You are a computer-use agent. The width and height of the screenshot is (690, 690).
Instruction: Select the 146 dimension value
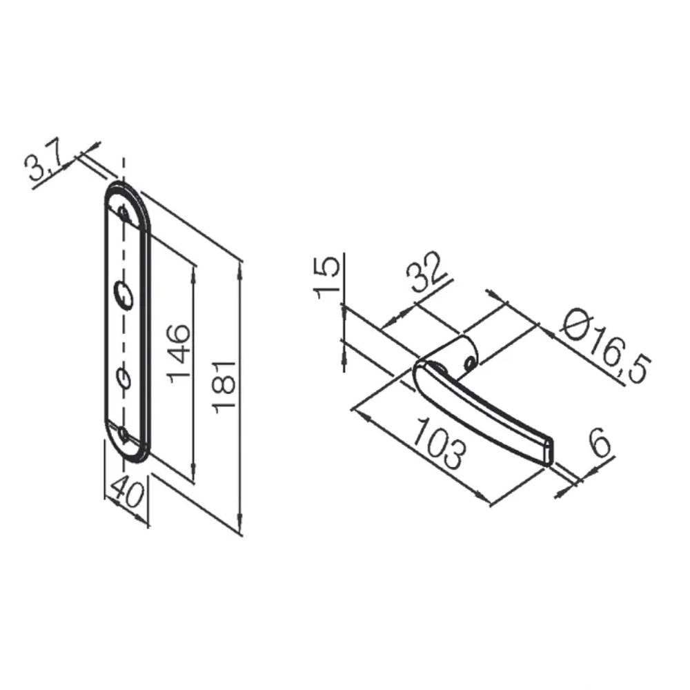click(x=179, y=351)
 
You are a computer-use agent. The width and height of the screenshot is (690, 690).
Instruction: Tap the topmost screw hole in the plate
click(x=124, y=214)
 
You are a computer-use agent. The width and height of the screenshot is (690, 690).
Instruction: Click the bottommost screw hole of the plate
click(x=124, y=434)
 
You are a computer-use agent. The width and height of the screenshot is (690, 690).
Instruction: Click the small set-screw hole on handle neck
click(x=469, y=362)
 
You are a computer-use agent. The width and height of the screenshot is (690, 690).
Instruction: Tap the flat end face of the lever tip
click(x=549, y=450)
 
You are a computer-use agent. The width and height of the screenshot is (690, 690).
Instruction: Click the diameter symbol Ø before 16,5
click(x=574, y=323)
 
